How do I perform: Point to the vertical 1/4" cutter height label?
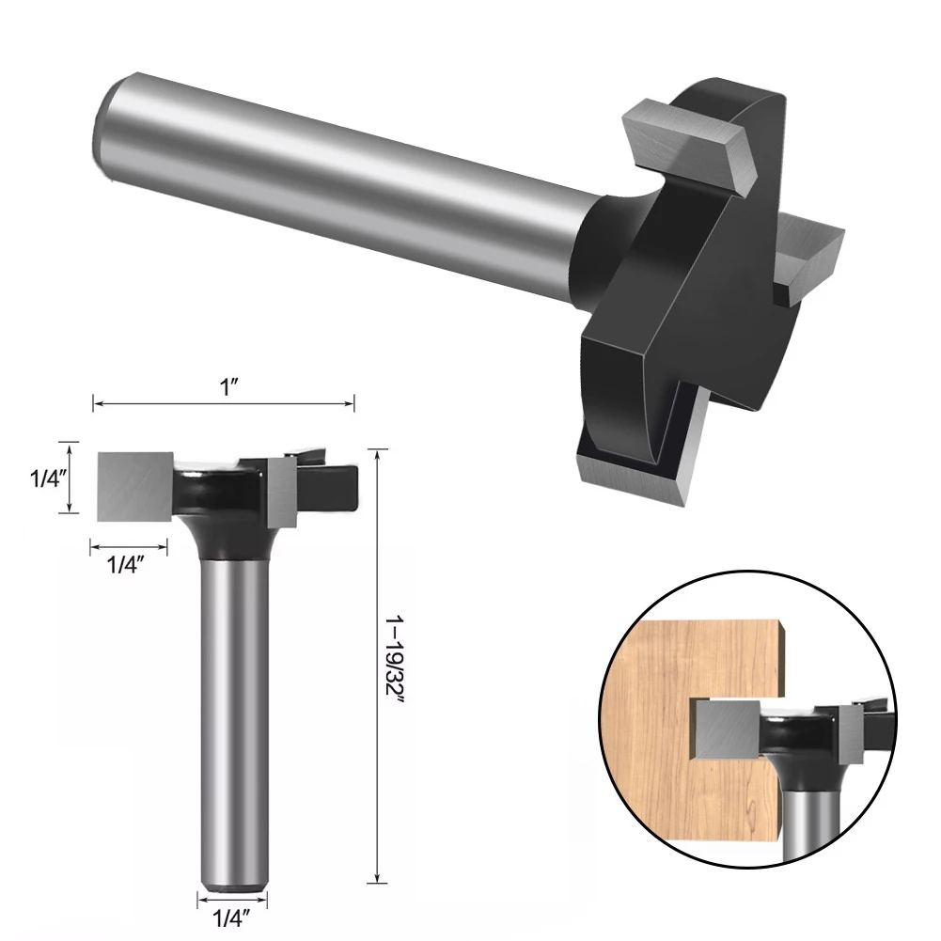click(x=42, y=478)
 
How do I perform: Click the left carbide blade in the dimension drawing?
click(x=134, y=483)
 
